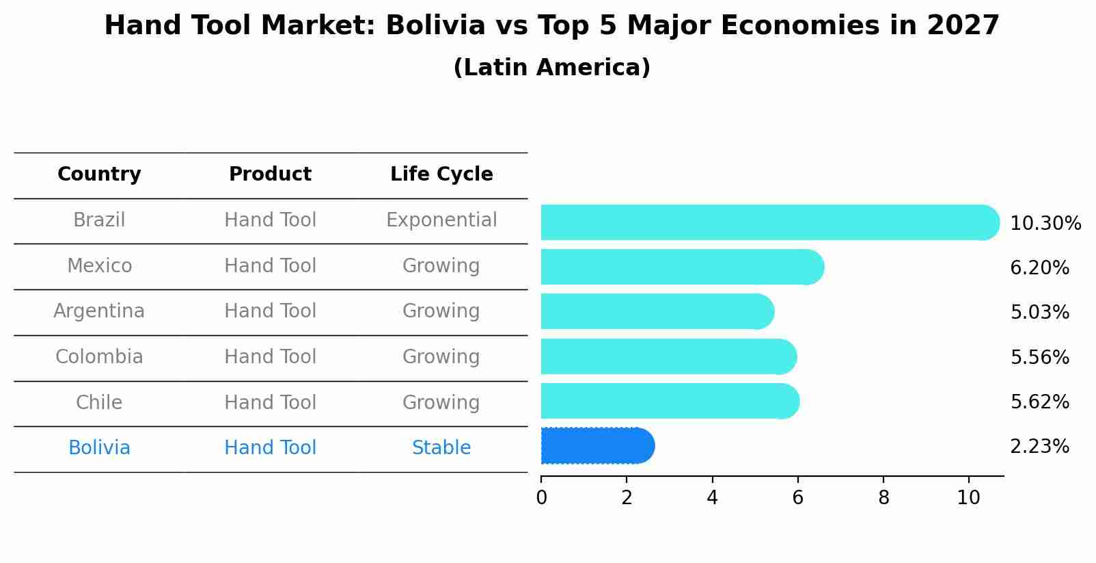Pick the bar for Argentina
[x=656, y=311]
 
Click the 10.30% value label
[x=1045, y=224]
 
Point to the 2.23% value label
[x=1039, y=447]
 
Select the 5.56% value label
[x=1039, y=357]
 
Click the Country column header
[x=99, y=174]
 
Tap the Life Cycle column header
[x=441, y=174]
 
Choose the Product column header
[x=270, y=174]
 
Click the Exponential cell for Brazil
[x=441, y=220]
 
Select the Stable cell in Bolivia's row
[x=441, y=448]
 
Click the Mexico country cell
[x=99, y=265]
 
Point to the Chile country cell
[x=99, y=402]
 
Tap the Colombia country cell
[x=99, y=357]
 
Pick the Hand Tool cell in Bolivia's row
[x=270, y=448]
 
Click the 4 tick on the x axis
[x=712, y=497]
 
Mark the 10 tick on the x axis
[x=968, y=497]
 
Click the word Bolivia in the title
[x=435, y=26]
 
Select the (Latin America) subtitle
[x=551, y=68]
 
